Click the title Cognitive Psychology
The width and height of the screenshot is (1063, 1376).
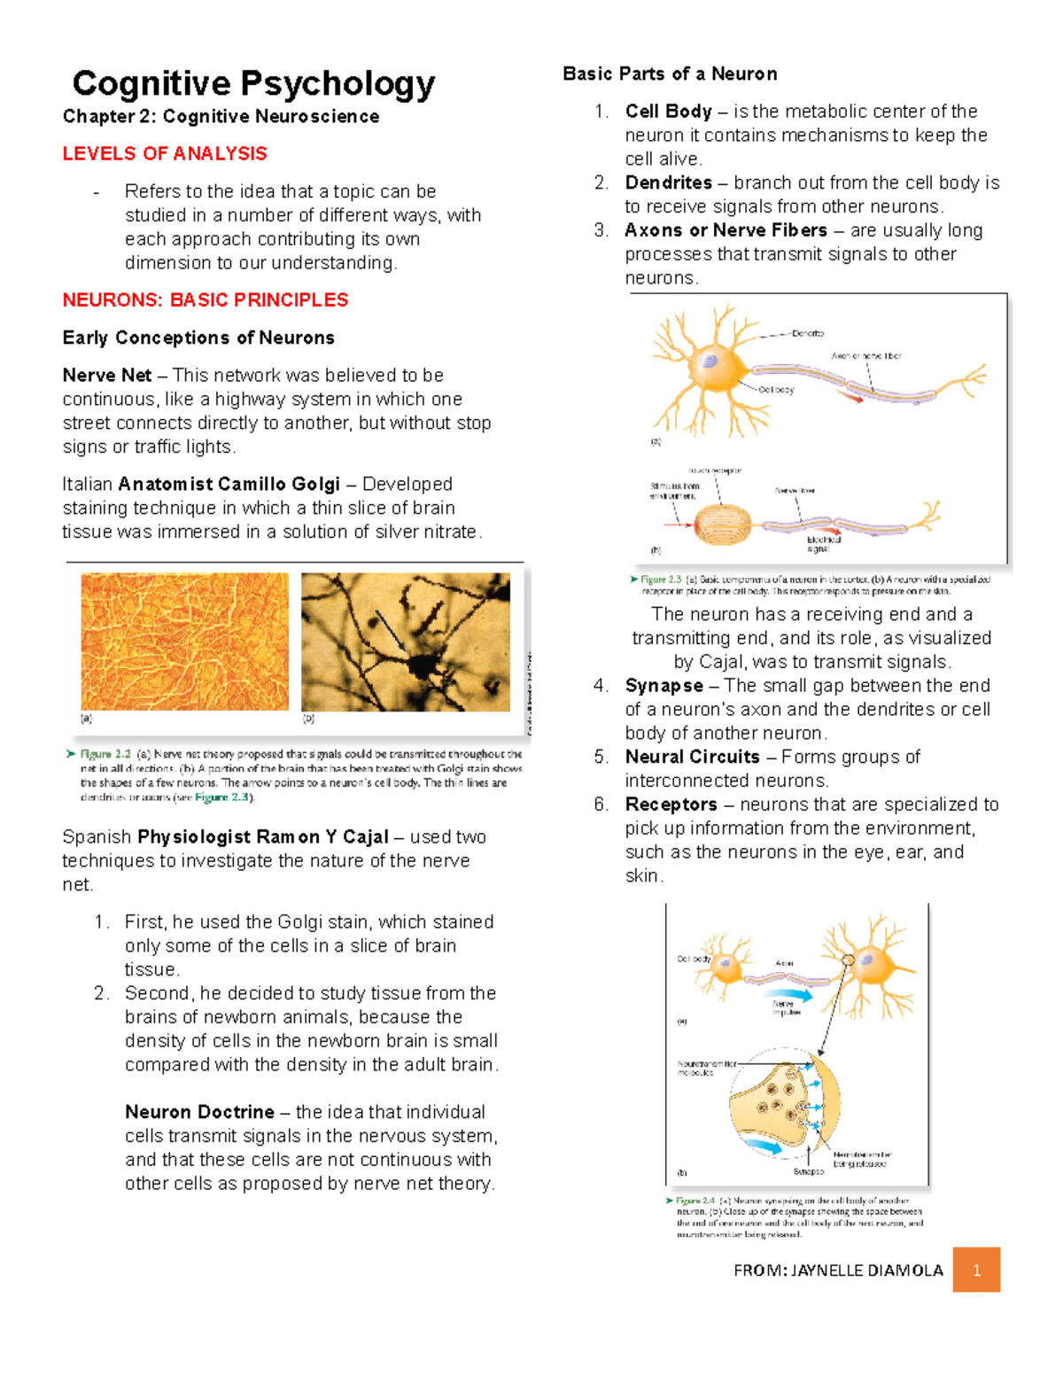253,83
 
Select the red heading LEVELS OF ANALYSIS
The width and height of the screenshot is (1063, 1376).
165,154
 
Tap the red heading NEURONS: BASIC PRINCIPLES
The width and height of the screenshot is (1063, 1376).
206,300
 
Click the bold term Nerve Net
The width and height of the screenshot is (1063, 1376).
107,376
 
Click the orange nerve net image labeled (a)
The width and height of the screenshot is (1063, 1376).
184,641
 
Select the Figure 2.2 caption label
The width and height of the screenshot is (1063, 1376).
105,754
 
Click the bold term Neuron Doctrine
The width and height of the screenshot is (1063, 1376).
199,1112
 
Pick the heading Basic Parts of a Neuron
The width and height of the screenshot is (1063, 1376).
670,74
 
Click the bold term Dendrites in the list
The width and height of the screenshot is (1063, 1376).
668,183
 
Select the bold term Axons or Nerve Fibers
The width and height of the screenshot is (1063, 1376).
725,230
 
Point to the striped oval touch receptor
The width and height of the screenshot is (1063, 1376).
722,524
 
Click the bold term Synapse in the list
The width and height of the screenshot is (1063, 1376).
663,686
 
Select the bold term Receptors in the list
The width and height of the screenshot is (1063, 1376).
671,805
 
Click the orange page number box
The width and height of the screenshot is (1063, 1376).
976,1270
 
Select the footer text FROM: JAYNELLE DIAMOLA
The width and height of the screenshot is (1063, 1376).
838,1271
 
